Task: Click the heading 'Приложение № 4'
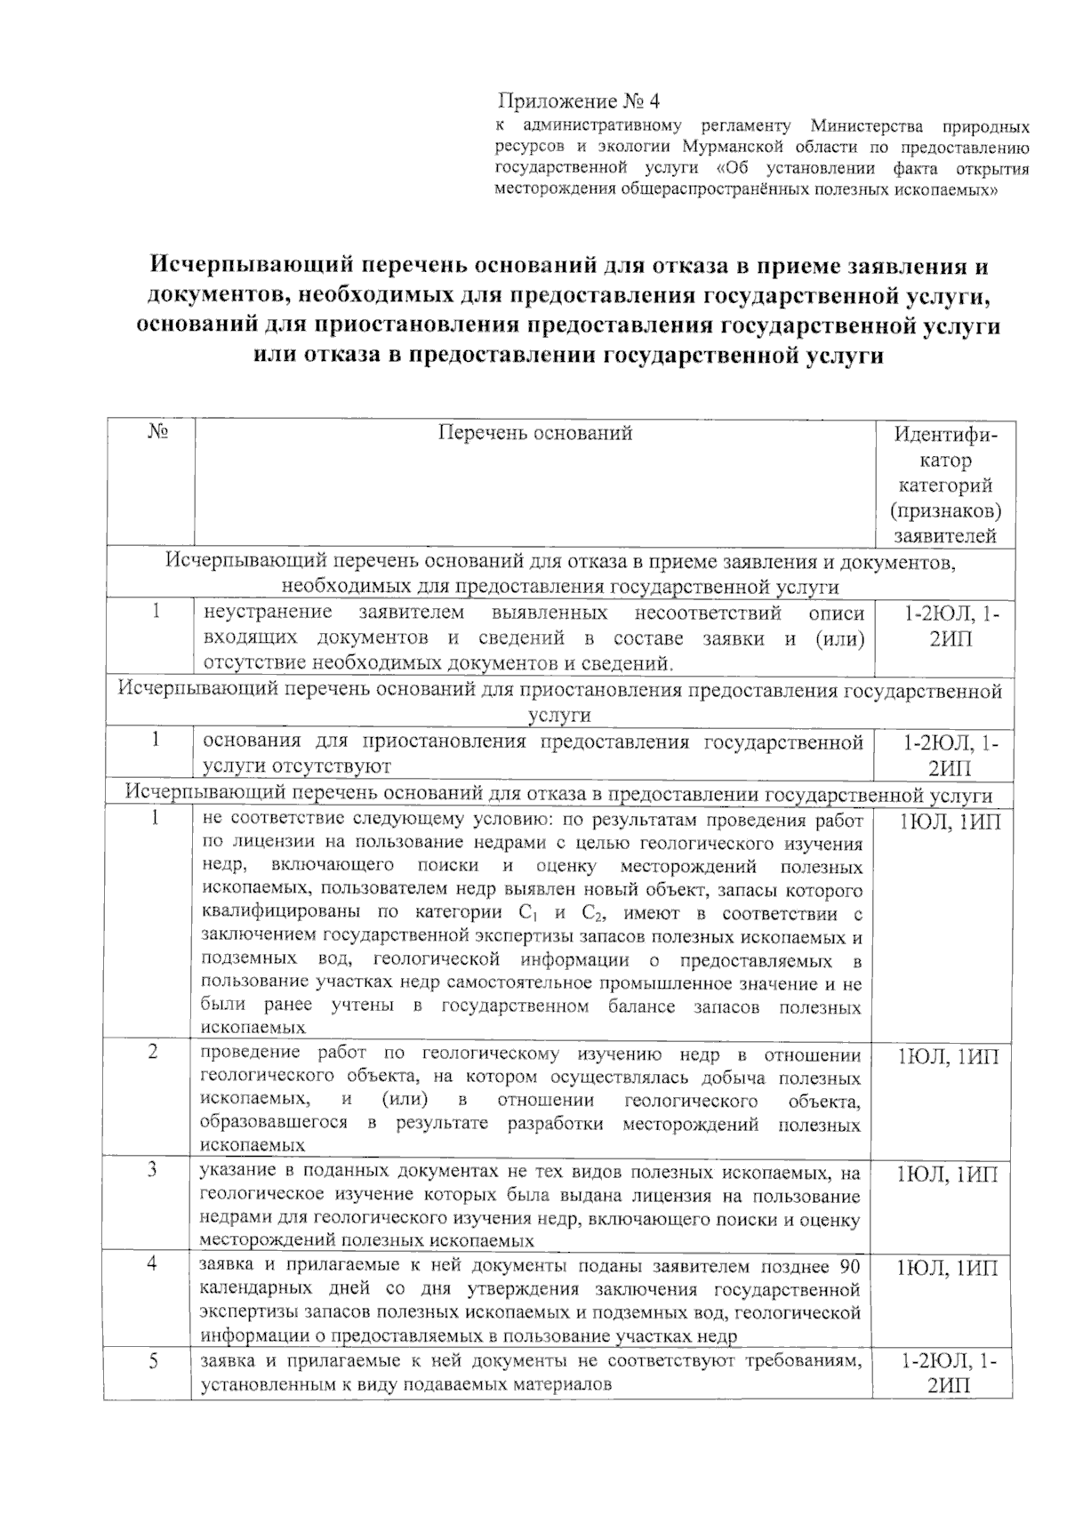pyautogui.click(x=579, y=100)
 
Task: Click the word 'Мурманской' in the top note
pyautogui.click(x=732, y=147)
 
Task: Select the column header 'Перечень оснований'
pyautogui.click(x=535, y=433)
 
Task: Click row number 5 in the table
pyautogui.click(x=154, y=1361)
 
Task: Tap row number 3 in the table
pyautogui.click(x=154, y=1171)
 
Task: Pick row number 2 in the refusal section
pyautogui.click(x=154, y=1053)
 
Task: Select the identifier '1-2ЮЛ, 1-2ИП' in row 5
pyautogui.click(x=949, y=1374)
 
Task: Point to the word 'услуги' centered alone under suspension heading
pyautogui.click(x=560, y=716)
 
